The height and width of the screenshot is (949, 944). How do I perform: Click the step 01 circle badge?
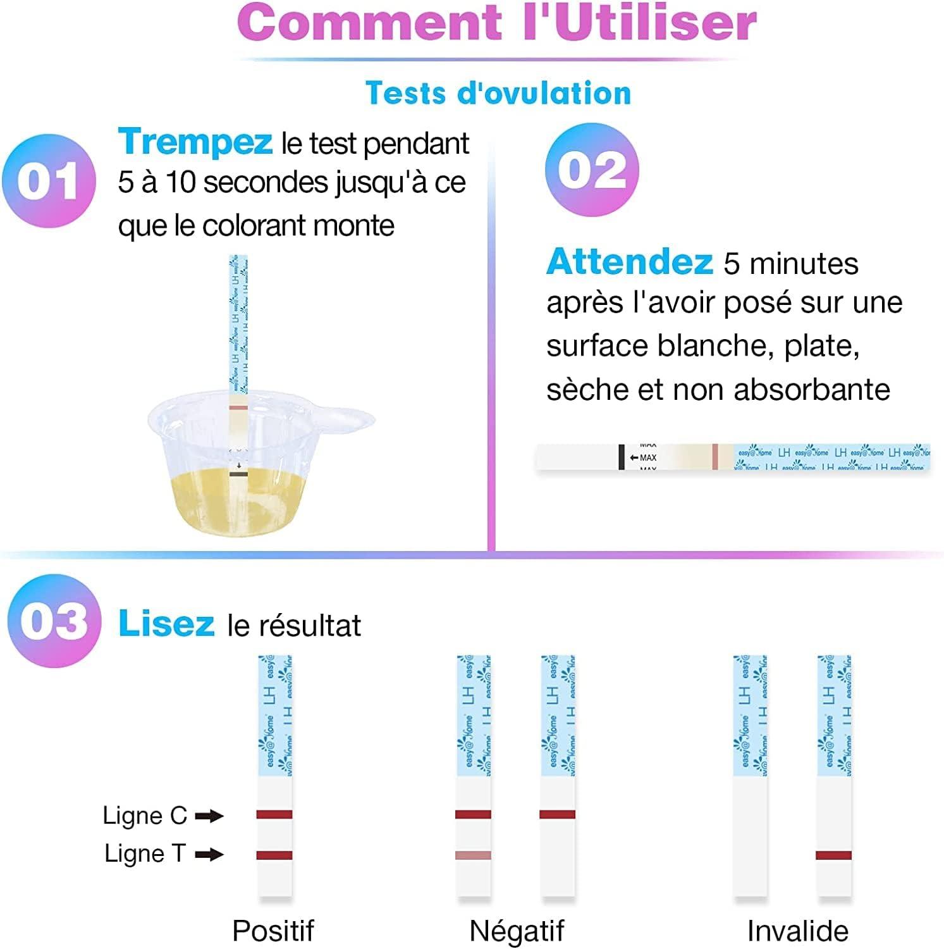tap(49, 180)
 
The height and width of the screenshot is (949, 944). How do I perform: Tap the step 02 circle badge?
tap(592, 170)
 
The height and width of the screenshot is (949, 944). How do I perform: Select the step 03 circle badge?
tap(54, 621)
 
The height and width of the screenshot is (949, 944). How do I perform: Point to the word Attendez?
tap(630, 261)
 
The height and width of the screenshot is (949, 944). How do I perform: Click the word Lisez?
tap(166, 623)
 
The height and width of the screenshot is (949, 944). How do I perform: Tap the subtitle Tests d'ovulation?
tap(498, 93)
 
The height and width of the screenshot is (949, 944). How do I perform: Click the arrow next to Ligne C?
tap(209, 816)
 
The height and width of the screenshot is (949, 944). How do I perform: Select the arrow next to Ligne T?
tap(209, 855)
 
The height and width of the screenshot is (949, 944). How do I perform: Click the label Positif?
tap(273, 931)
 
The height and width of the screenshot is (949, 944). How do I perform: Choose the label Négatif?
tap(517, 931)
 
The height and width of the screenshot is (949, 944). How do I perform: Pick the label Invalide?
tap(797, 931)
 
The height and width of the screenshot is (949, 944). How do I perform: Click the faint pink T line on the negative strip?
tap(473, 855)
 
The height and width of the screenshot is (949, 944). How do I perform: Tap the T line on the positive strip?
tap(274, 855)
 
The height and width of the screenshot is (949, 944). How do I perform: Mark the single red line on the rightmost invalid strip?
tap(833, 855)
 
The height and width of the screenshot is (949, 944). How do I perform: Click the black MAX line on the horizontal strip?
tap(622, 457)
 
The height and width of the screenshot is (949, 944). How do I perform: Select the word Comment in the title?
tap(369, 23)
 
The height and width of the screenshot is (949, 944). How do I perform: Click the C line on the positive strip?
tap(274, 814)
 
